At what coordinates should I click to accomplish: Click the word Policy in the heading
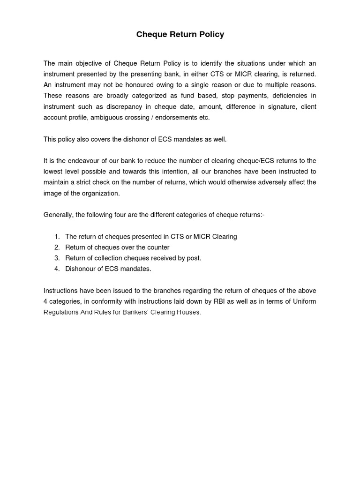(x=210, y=35)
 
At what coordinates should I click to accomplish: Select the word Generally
(x=58, y=215)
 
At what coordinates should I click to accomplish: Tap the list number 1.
(x=57, y=237)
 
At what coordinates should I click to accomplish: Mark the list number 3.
(x=57, y=258)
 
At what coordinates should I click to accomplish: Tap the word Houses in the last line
(x=189, y=312)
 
